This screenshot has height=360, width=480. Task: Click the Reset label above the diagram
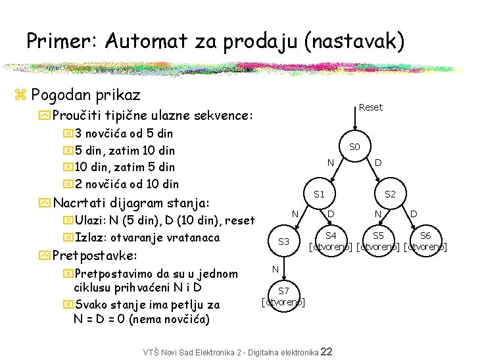point(371,107)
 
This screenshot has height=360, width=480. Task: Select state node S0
point(354,146)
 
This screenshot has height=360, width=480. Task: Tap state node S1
point(320,194)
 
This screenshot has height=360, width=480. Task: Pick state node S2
point(390,194)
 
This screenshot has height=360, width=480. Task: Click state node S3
point(284,242)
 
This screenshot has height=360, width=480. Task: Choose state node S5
point(378,236)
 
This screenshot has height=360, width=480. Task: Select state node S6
point(425,236)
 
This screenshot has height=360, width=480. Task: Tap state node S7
point(283,291)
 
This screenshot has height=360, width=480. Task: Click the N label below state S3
point(276,269)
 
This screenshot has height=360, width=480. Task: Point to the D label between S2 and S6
point(414,213)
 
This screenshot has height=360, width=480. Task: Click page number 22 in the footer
point(326,352)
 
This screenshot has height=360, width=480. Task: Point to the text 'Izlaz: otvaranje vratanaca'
point(147,238)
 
